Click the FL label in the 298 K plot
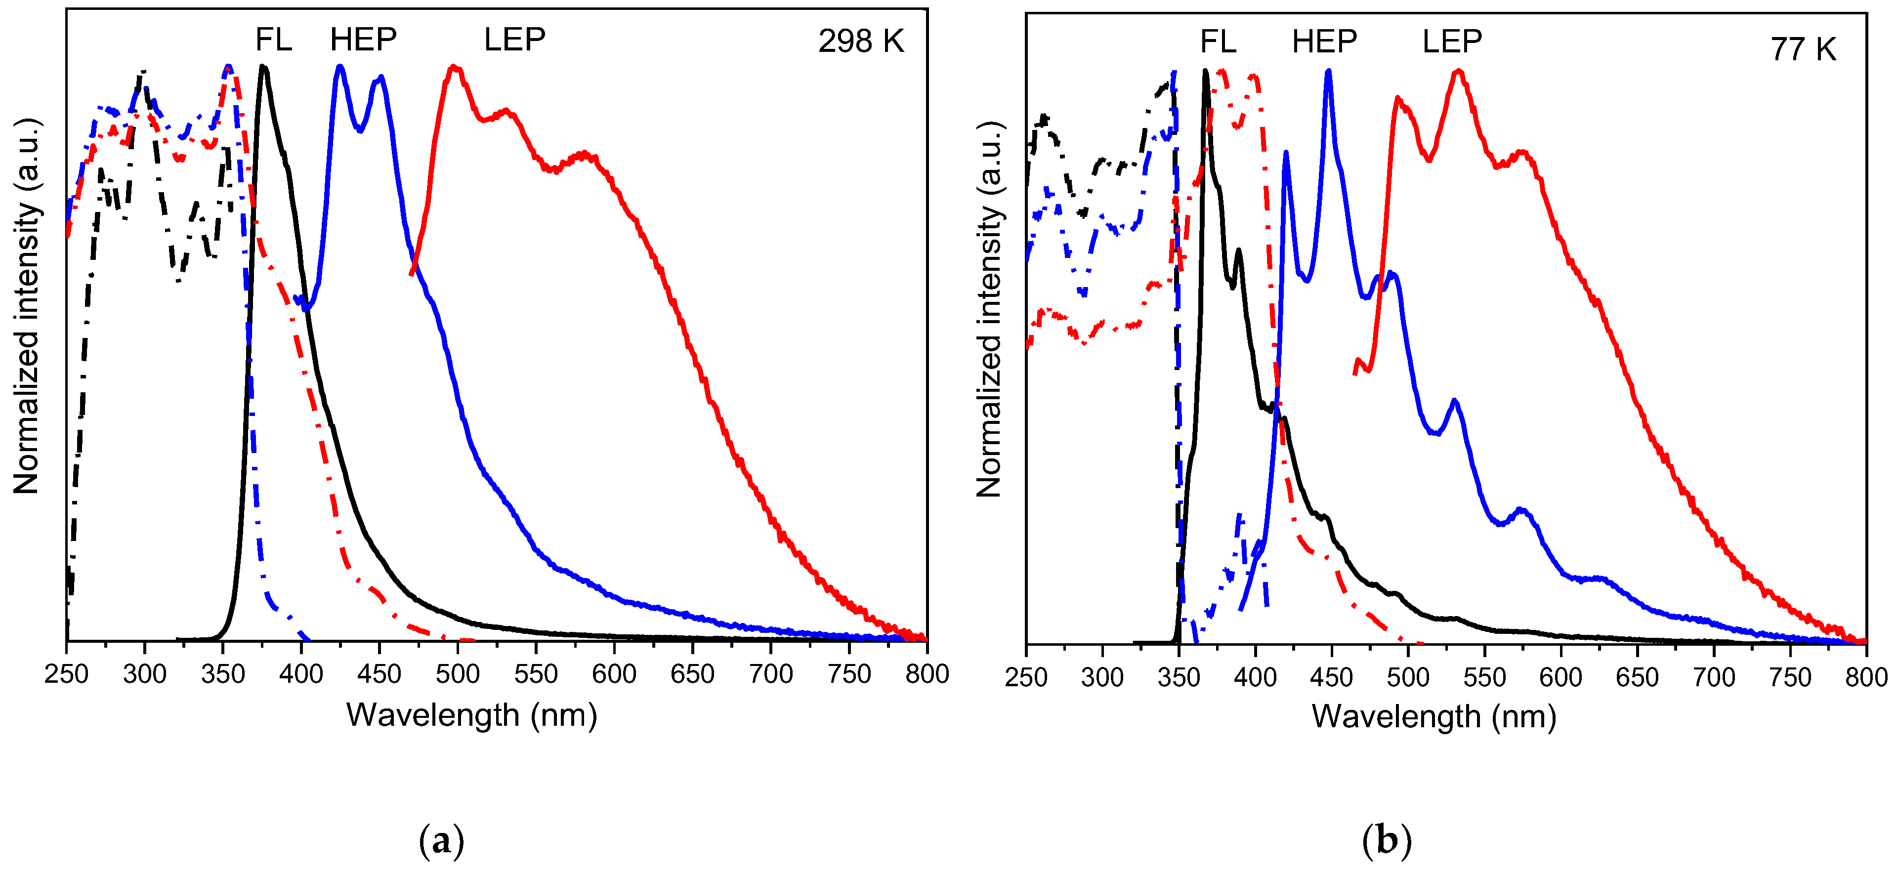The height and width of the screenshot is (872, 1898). pos(273,40)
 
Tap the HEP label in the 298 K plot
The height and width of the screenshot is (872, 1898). pos(363,40)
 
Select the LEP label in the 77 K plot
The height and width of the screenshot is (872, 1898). pos(1451,42)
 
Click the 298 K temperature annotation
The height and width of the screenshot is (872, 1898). pos(861,41)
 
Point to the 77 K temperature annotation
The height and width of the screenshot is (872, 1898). pos(1803,50)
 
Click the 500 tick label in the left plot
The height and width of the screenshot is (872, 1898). pos(458,674)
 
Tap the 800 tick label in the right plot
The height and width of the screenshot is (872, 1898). pos(1865,677)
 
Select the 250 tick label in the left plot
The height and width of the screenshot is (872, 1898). pos(66,674)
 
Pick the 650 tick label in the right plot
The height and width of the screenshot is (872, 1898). pos(1637,677)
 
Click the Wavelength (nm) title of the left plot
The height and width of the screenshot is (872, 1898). pos(471,715)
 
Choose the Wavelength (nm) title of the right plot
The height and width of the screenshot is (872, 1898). pos(1434,716)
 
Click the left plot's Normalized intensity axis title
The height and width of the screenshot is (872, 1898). pos(27,306)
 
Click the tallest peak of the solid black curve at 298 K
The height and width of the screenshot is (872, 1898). pos(263,68)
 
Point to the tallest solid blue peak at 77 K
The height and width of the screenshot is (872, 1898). pos(1328,72)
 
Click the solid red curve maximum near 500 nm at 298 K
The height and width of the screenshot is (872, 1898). pos(455,68)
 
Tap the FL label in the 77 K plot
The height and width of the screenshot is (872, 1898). pos(1218,42)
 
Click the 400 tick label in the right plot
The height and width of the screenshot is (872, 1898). pos(1255,677)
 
